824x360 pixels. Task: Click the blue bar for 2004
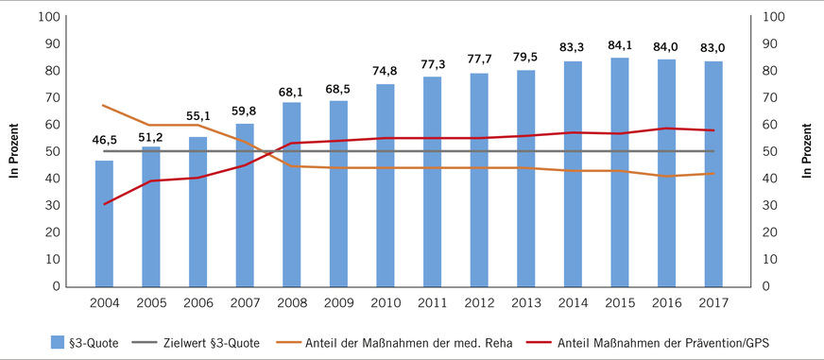tap(104, 223)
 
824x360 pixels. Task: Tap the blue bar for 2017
tap(713, 174)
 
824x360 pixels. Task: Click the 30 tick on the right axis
tap(772, 205)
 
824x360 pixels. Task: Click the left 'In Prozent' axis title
tap(14, 151)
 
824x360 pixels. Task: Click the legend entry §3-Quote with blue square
tap(86, 343)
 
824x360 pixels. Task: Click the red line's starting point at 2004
tap(104, 204)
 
